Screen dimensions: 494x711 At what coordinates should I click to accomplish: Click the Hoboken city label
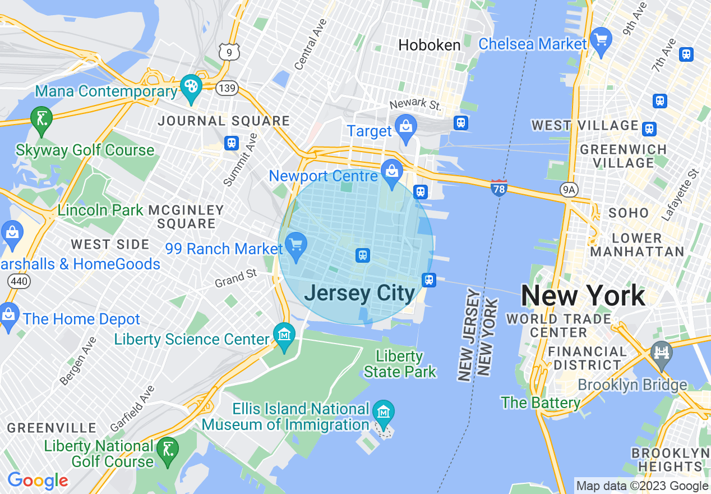tap(430, 45)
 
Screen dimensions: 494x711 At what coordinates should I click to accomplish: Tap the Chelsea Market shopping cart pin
tap(602, 41)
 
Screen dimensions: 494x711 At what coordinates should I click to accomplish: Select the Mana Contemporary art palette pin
tap(191, 88)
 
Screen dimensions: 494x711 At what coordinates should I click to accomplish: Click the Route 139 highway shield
tap(228, 88)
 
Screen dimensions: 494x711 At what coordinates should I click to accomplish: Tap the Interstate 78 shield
tap(498, 187)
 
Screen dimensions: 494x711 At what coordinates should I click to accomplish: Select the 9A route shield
tap(569, 190)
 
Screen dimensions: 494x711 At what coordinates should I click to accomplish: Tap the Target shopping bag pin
tap(405, 127)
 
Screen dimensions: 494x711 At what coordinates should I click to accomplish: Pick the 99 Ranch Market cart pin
tap(295, 245)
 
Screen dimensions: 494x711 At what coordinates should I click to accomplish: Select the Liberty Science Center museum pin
tap(284, 336)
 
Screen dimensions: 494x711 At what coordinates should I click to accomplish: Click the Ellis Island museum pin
tap(384, 414)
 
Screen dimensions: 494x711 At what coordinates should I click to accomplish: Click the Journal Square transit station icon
tap(232, 143)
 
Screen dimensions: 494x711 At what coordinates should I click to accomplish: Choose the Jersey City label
tap(359, 294)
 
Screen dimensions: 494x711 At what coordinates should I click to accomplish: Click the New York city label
tap(583, 295)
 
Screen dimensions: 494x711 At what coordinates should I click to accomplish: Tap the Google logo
tap(38, 481)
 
